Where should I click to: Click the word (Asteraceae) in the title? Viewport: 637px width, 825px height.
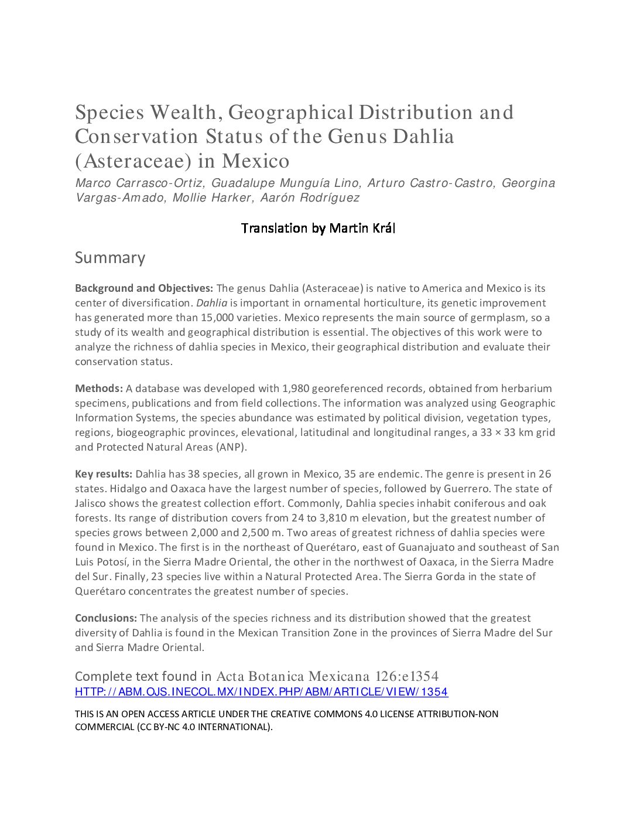click(145, 161)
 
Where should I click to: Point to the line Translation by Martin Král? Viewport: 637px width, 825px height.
click(318, 228)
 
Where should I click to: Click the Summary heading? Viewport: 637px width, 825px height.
click(110, 258)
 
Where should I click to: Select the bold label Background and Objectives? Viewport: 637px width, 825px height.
click(144, 288)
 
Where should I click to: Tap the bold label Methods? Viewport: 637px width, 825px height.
click(99, 388)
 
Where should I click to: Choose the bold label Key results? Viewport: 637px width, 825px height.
click(104, 474)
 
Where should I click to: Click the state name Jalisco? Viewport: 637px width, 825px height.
click(91, 503)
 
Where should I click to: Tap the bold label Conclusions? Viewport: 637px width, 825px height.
click(106, 618)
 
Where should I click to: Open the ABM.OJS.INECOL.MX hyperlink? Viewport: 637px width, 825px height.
click(261, 692)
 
